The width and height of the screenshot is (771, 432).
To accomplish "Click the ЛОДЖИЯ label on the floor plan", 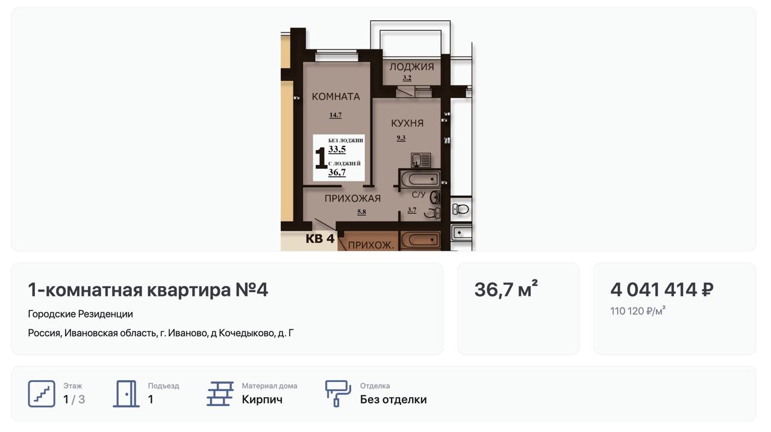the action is pos(411,67).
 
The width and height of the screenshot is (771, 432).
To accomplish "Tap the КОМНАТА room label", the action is pos(336,97).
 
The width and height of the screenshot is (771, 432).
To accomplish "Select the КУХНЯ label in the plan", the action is pos(407,124).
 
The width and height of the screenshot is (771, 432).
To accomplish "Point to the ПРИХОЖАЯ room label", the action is pos(352,198).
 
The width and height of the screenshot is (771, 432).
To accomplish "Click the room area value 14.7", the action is pos(336,115).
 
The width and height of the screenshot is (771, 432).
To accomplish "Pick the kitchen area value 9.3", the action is pos(401,138).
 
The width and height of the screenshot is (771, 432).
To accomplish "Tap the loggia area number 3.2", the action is pos(407,78).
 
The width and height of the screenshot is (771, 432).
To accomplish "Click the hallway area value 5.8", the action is pos(361,212).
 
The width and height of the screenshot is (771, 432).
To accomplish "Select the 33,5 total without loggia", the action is pos(337,149).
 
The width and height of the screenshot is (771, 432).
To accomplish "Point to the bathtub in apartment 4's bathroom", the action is pos(420,179).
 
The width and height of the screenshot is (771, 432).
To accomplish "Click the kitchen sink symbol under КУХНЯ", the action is pos(420,160).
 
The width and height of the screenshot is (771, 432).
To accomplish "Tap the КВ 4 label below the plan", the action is pos(320,239).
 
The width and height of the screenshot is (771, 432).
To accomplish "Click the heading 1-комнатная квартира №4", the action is pos(148,289).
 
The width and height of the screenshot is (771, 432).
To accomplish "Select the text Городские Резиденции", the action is pos(80,314).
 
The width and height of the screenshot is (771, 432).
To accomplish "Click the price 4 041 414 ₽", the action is pos(661,289).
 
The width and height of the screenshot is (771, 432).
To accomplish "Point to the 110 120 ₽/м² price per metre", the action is pos(638,311).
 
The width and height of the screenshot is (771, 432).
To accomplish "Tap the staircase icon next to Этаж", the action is pos(42,394).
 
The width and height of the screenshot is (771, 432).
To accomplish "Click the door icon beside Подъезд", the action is pos(126,394).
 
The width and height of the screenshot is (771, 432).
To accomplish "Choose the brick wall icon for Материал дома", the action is pos(220,394).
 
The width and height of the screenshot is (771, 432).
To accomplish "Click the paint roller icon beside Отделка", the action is pos(338,394).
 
